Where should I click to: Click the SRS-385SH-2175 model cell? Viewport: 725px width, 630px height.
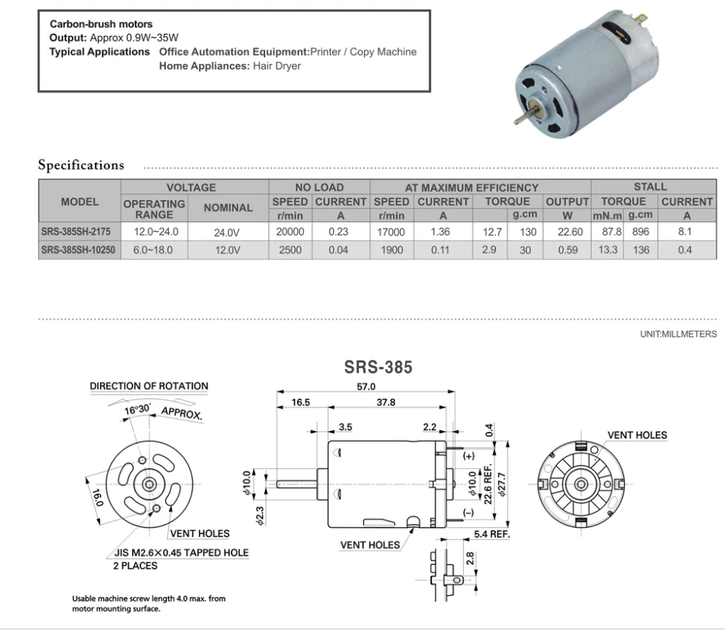(80, 232)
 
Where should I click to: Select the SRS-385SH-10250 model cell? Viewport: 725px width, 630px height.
(80, 250)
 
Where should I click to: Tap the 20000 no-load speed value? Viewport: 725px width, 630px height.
(290, 232)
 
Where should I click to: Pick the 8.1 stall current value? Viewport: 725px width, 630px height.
(687, 232)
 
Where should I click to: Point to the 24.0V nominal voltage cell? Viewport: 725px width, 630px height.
(228, 233)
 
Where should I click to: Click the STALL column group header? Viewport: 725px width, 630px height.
(650, 187)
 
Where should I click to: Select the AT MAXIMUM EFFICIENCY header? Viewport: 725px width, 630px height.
(481, 188)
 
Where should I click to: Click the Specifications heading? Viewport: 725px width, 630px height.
(81, 165)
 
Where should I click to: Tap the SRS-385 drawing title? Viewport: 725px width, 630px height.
(378, 367)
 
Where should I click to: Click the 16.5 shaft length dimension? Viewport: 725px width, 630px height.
(301, 402)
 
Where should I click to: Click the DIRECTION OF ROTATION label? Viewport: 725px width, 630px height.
(149, 386)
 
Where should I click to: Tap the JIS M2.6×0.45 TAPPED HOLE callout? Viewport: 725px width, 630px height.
(181, 552)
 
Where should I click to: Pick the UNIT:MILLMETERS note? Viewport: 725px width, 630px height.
(677, 336)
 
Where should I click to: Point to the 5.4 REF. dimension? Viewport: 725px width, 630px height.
(492, 534)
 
